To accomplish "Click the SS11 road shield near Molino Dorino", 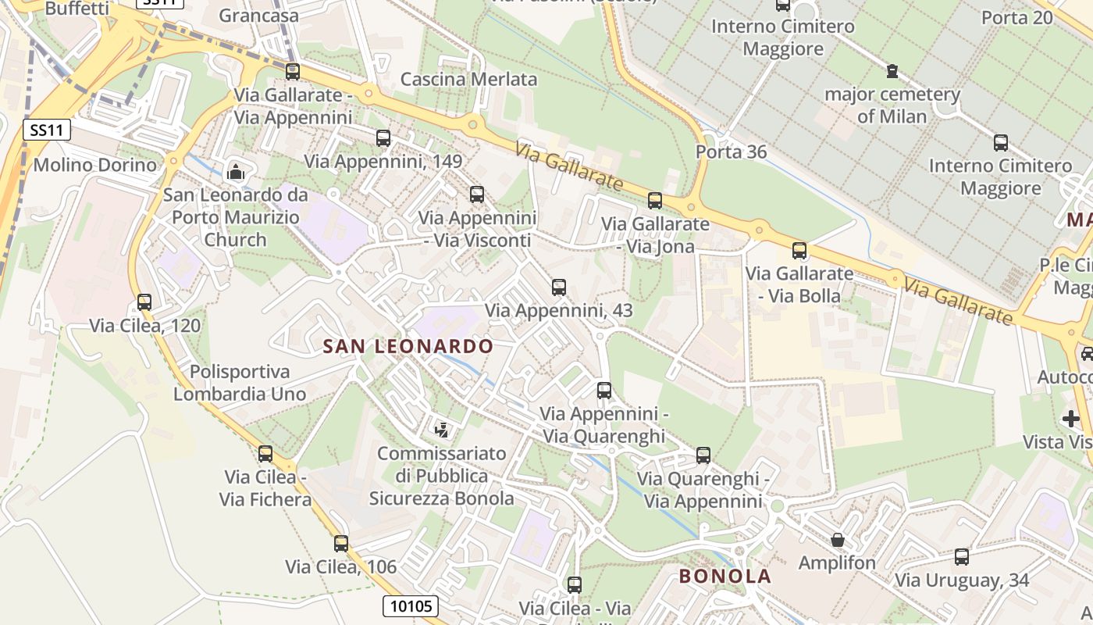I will point(47,130).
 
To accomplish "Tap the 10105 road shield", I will point(411,605).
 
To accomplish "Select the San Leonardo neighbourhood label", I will point(408,346).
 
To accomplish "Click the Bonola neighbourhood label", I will point(725,577).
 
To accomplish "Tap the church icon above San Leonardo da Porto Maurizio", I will point(236,172).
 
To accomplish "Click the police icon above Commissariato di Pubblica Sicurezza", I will point(442,429).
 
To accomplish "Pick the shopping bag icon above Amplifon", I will point(838,540).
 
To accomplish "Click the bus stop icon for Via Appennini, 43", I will point(559,287).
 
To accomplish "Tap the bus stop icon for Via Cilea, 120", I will point(144,302).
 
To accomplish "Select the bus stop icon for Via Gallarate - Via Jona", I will point(655,201).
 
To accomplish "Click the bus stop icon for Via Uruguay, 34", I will point(962,557).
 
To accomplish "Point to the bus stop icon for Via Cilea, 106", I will point(341,544).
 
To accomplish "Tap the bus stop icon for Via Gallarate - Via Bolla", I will point(799,251).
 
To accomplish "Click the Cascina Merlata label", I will point(468,79).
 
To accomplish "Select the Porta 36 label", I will point(731,152).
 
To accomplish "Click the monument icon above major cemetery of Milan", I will point(892,72).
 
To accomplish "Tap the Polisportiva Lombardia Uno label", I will point(240,383).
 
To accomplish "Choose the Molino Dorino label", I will point(94,165).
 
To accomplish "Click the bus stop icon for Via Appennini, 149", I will point(383,138).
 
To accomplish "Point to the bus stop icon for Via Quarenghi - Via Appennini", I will point(703,455).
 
